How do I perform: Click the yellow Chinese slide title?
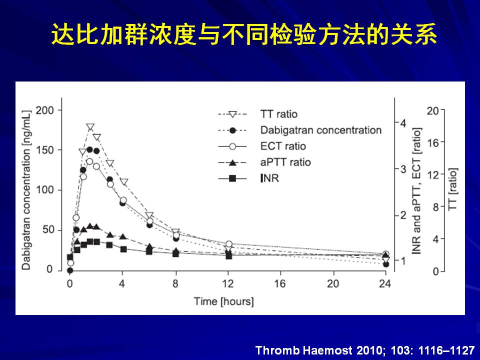point(243,34)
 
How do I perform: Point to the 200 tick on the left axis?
point(44,110)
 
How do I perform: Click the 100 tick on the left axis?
point(44,190)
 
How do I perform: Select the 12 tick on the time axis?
point(228,284)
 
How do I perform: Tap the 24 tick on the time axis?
point(385,284)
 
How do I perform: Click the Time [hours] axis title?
point(224,301)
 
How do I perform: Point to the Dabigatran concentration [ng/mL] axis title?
point(26,190)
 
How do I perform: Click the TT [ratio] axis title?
point(452,189)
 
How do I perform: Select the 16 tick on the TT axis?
point(433,142)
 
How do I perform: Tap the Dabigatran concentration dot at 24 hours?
point(386,264)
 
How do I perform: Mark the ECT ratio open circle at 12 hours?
point(228,244)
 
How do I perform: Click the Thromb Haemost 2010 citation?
point(365,350)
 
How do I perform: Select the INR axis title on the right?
point(416,190)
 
